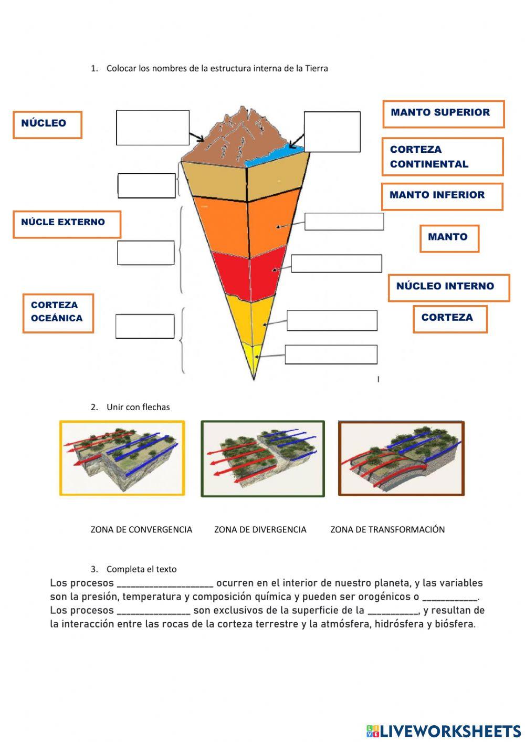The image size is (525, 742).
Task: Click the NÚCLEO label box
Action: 47,124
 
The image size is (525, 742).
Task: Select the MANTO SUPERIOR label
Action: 443,114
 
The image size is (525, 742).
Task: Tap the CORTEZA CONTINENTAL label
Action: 443,156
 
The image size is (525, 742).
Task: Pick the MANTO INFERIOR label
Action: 442,196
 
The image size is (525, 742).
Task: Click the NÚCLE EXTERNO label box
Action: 67,224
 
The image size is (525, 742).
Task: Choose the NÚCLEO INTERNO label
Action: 449,288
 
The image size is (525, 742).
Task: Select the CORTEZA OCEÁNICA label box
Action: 58,313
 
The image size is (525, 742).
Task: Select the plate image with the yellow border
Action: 122,458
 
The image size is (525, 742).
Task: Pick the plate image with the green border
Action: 262,458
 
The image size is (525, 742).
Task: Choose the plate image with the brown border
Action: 402,458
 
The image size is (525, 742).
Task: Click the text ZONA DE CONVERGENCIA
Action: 141,529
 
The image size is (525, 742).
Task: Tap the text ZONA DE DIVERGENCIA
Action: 260,529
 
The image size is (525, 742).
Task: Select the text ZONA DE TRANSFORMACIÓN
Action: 387,529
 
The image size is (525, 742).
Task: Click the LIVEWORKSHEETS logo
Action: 444,731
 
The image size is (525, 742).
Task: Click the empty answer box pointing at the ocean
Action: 332,132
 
